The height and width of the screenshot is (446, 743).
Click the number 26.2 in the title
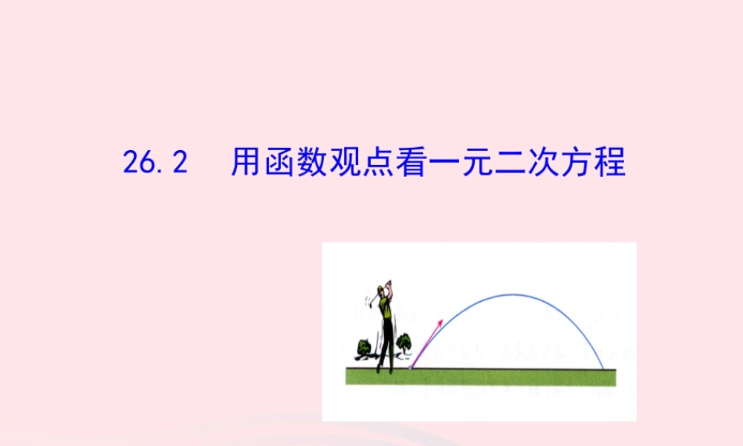pyautogui.click(x=154, y=163)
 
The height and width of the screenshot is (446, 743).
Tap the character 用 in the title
pyautogui.click(x=244, y=163)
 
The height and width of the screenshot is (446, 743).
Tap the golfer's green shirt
pyautogui.click(x=385, y=306)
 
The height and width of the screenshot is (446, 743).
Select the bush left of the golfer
pyautogui.click(x=364, y=346)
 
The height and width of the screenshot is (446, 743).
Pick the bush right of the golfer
pyautogui.click(x=403, y=343)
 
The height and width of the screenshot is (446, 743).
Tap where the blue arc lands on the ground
pyautogui.click(x=603, y=368)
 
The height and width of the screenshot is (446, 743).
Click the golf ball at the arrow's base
pyautogui.click(x=410, y=366)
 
